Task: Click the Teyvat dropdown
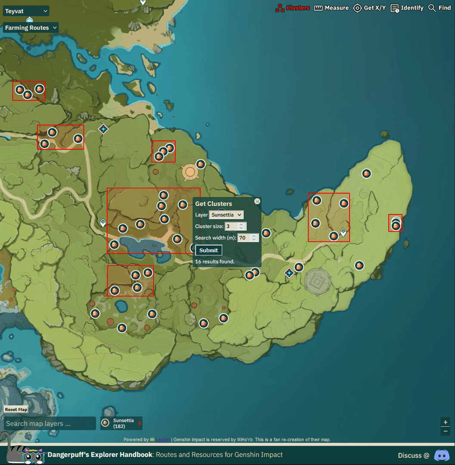click(x=26, y=11)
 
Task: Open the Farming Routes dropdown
click(x=31, y=28)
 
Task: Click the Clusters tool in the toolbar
click(x=293, y=8)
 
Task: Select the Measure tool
click(x=331, y=8)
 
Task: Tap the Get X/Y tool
click(x=369, y=8)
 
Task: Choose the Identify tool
click(x=407, y=8)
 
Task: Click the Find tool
click(x=440, y=8)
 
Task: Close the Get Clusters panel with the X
click(x=257, y=201)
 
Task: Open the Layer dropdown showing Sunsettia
click(x=226, y=214)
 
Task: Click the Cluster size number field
click(x=232, y=226)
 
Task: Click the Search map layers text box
click(x=50, y=423)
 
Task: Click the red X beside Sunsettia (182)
click(x=139, y=424)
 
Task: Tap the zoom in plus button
click(x=446, y=422)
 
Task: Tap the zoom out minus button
click(x=446, y=431)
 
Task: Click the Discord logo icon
click(x=442, y=455)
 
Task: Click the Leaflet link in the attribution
click(x=162, y=440)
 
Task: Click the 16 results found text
click(x=215, y=261)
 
